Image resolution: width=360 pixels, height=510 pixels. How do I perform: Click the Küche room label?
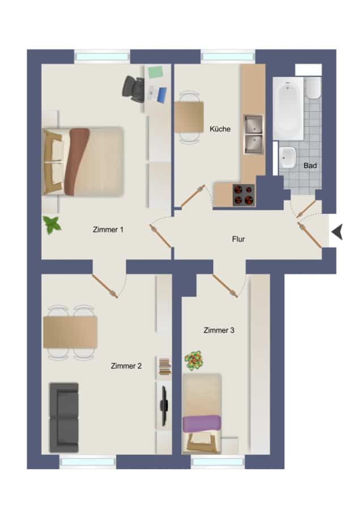coord(220,129)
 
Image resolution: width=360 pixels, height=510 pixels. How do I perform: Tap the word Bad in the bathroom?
coord(310,165)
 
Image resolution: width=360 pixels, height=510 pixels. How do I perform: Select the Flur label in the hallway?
coord(238,239)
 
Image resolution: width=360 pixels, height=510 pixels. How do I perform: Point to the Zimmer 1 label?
coord(108,229)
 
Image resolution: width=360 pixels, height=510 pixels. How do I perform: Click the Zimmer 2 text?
coord(126,366)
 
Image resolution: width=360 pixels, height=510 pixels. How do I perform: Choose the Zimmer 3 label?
coord(219,330)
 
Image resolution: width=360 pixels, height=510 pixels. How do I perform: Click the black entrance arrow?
coord(337,232)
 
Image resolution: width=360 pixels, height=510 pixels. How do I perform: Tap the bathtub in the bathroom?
coord(288,109)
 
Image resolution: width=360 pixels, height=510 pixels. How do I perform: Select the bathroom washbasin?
coord(287,158)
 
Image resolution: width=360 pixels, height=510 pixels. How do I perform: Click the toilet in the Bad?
coord(314,87)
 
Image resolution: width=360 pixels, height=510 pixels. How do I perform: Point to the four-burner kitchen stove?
coord(243,195)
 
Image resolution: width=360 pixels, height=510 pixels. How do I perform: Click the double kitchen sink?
coord(253,134)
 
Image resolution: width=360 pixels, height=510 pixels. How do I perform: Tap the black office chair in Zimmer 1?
coord(133,89)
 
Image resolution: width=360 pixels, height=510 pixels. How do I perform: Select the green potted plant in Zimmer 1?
coord(52,224)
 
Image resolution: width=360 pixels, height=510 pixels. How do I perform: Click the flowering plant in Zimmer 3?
coord(194,360)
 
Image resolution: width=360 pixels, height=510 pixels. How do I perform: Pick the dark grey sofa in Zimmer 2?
coord(64,418)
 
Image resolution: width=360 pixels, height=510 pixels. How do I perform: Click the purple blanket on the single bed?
coord(202,423)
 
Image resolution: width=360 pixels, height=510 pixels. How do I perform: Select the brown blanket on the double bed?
coord(77,161)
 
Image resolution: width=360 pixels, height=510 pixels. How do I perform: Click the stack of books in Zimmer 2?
coord(165,366)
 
